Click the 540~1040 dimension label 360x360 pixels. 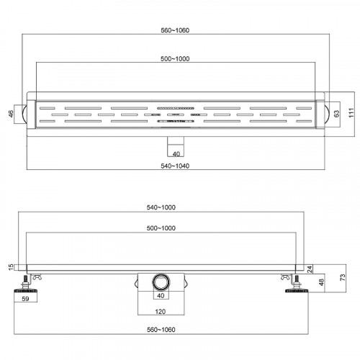point(175,166)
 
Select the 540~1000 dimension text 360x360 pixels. point(161,207)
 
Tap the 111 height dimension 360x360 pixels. point(351,113)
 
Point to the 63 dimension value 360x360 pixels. point(337,114)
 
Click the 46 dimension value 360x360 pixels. point(11,114)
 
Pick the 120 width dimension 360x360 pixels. point(161,312)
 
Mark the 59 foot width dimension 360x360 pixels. point(25,299)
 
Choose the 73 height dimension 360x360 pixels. point(343,277)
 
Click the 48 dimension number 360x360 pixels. point(321,282)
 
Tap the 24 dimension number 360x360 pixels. point(310,269)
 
